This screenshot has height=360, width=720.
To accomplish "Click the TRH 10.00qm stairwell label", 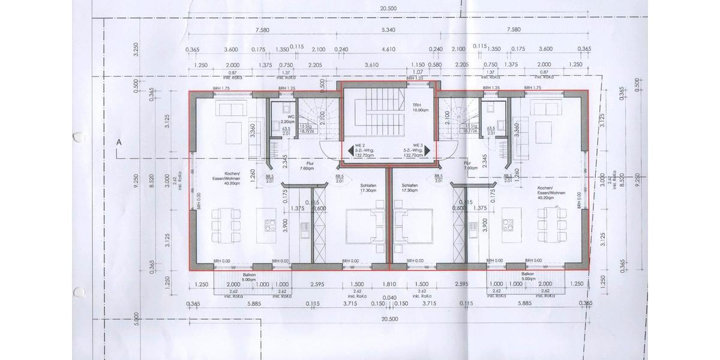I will click(419, 107).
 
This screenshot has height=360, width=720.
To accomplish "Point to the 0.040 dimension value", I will click(389, 298).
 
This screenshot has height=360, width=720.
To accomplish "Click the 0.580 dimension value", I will click(436, 65).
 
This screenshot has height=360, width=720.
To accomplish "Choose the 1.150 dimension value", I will click(418, 65).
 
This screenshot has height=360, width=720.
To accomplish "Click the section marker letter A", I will click(119, 143).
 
